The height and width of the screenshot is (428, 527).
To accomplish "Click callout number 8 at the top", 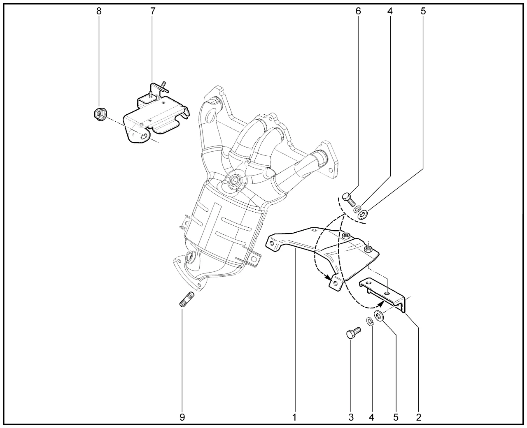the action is click(x=99, y=11).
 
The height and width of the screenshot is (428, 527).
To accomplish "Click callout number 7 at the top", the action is click(x=153, y=11).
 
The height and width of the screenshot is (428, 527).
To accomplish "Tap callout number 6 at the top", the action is click(x=358, y=11).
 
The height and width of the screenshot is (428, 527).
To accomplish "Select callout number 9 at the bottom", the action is click(x=182, y=417).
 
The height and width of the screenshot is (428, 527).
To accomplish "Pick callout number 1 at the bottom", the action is click(x=294, y=417).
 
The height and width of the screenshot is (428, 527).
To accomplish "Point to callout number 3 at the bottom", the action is click(x=351, y=417).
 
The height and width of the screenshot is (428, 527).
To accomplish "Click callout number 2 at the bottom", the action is click(x=419, y=417).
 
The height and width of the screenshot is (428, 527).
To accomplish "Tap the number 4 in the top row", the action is click(x=390, y=11).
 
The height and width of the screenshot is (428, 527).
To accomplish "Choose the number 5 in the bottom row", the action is click(x=396, y=417).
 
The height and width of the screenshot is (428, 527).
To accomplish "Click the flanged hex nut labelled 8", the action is click(x=100, y=114).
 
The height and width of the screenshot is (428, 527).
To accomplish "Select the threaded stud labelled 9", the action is click(x=187, y=299).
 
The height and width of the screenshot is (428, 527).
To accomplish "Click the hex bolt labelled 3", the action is click(x=354, y=333).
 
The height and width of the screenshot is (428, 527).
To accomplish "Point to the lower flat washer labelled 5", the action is click(x=379, y=316).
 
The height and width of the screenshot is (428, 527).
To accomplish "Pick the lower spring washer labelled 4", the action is click(x=370, y=322).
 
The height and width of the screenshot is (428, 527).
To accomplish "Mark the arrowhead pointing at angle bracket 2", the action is click(x=381, y=303).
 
